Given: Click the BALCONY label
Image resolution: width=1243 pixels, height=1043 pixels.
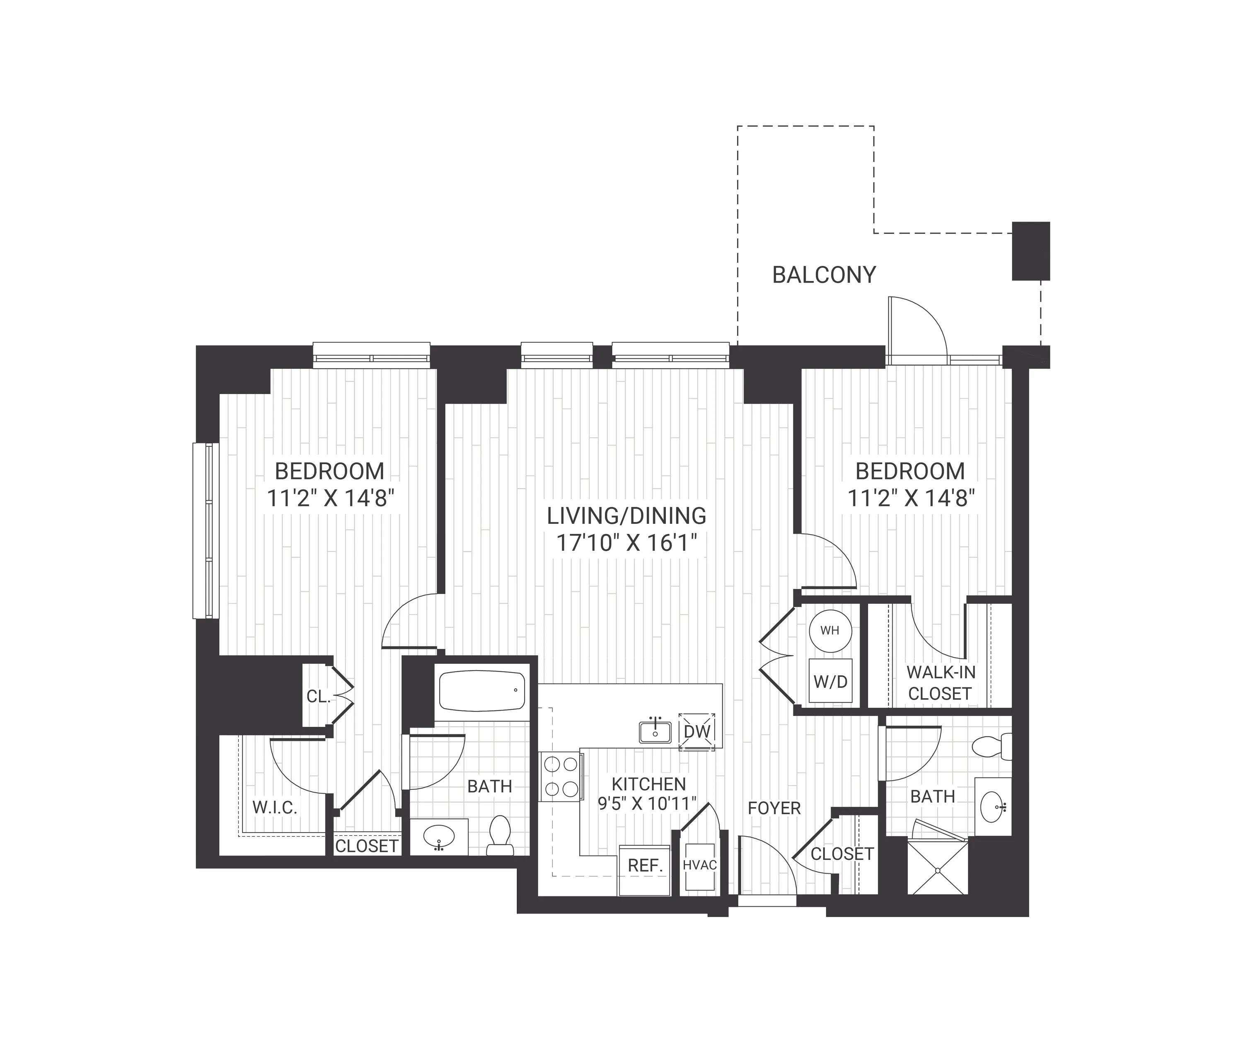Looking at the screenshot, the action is (x=824, y=275).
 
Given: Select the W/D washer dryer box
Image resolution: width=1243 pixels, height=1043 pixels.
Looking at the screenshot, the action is (x=830, y=681).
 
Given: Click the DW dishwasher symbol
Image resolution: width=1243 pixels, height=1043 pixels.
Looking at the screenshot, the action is (x=696, y=732).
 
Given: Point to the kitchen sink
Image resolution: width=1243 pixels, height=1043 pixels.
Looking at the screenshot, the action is (x=655, y=732).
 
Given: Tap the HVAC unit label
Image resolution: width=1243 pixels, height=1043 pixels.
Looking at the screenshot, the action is (x=700, y=865).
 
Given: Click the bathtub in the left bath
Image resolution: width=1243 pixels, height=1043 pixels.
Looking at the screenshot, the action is (x=482, y=691).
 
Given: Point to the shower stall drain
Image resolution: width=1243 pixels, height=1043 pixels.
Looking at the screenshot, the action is (x=938, y=869).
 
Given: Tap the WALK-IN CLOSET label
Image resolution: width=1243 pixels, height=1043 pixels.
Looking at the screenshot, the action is (x=941, y=683).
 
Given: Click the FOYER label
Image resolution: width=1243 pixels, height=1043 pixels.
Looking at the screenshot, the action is (x=774, y=808).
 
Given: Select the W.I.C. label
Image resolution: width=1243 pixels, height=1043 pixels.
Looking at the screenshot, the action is (x=275, y=807).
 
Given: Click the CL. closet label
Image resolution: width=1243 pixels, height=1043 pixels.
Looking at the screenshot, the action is (x=318, y=697).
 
